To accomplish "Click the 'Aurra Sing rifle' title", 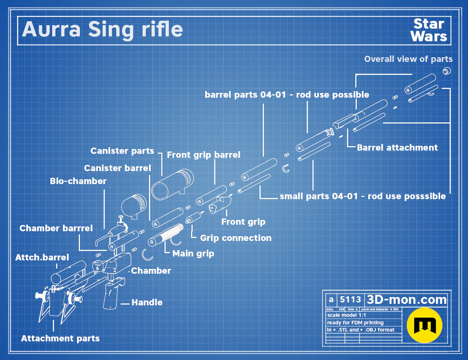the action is pos(103,30).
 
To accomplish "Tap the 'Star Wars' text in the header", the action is pos(429,30).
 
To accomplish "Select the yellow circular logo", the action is pos(424,325).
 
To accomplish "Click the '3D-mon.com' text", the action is pos(406,300).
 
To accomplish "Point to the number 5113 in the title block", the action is pos(350,300).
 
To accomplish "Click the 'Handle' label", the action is pos(147,302).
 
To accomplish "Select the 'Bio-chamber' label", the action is pos(78,181).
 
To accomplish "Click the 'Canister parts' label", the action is pos(122,151).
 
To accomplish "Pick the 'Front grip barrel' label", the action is pos(203,155).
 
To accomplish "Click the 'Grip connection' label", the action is pos(236,238).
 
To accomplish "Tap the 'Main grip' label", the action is pos(193,253).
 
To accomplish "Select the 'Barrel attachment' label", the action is pos(397,148).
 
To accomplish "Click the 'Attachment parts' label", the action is pos(60,338).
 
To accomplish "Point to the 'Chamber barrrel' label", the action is pos(56,228).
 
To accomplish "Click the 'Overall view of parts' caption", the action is pos(408,59).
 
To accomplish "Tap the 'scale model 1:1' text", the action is pos(347,315).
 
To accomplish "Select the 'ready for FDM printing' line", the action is pos(355,323).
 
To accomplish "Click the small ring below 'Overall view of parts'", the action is pos(447,71).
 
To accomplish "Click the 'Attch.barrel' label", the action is pos(42,257).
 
